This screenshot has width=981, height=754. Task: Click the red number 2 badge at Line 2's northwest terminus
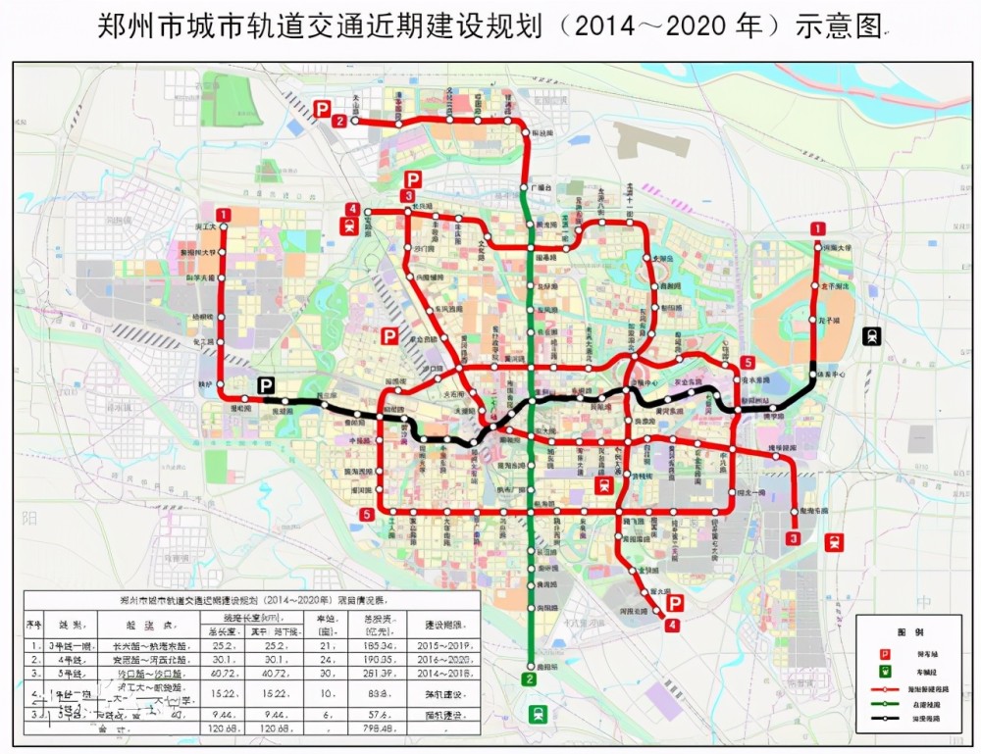(x=339, y=122)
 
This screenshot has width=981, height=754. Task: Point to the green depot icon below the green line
(x=537, y=715)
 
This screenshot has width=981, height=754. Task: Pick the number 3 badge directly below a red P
(x=406, y=197)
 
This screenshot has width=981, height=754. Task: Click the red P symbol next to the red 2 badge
(x=321, y=110)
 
